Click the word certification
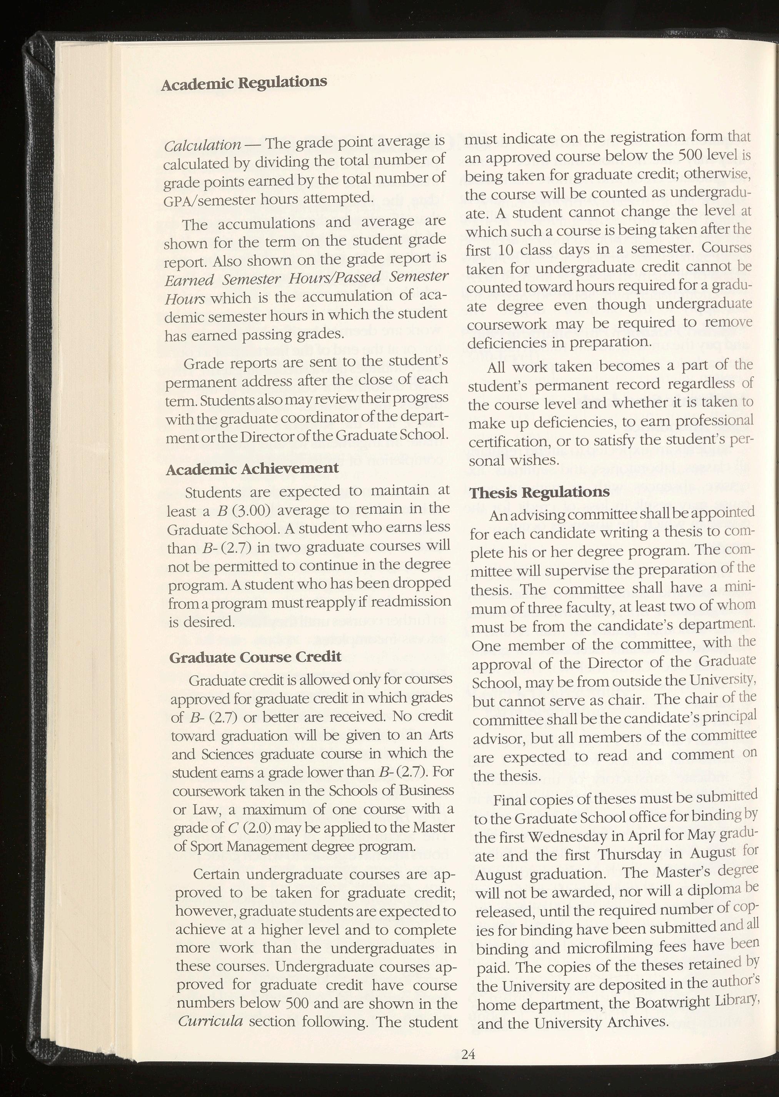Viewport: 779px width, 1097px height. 504,441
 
